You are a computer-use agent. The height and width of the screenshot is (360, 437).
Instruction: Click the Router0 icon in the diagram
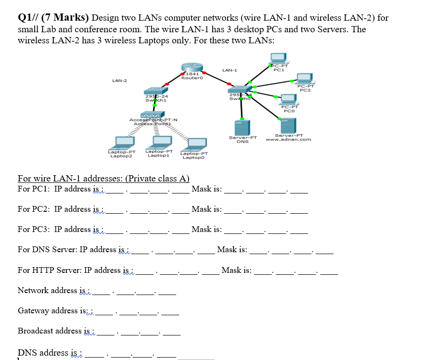pyautogui.click(x=191, y=68)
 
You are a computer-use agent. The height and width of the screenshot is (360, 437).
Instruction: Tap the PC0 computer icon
pyautogui.click(x=288, y=100)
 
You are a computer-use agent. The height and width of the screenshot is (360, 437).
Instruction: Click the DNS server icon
pyautogui.click(x=242, y=128)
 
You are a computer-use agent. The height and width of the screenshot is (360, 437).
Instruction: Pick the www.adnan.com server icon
pyautogui.click(x=288, y=126)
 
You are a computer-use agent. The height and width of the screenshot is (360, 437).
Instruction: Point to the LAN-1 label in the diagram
pyautogui.click(x=230, y=70)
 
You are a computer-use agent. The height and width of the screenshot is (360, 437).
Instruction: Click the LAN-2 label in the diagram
pyautogui.click(x=119, y=80)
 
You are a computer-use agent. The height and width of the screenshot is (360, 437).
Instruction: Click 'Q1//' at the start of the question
pyautogui.click(x=28, y=18)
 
